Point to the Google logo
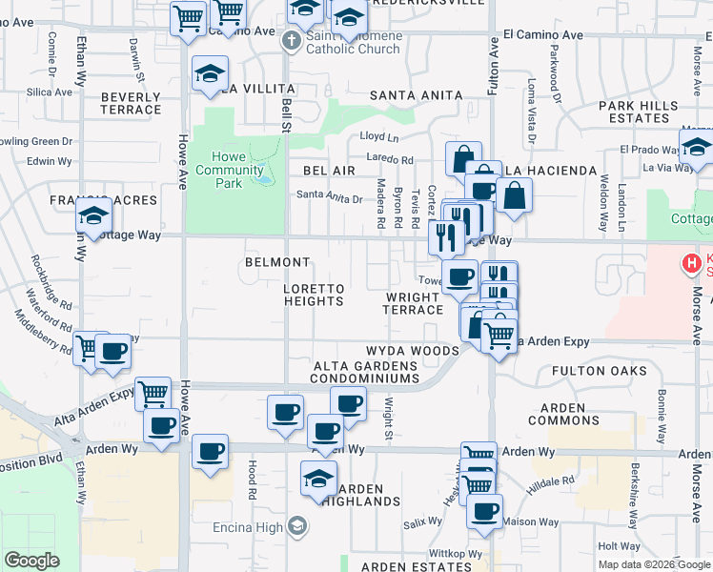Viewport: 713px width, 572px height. [31, 561]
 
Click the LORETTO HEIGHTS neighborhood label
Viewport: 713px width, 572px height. [314, 295]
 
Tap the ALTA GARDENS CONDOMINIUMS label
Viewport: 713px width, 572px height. [367, 372]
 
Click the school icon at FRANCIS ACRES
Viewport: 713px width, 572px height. [95, 218]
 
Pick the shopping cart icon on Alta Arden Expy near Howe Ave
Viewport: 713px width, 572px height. [153, 393]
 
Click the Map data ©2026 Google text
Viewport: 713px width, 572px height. [653, 564]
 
